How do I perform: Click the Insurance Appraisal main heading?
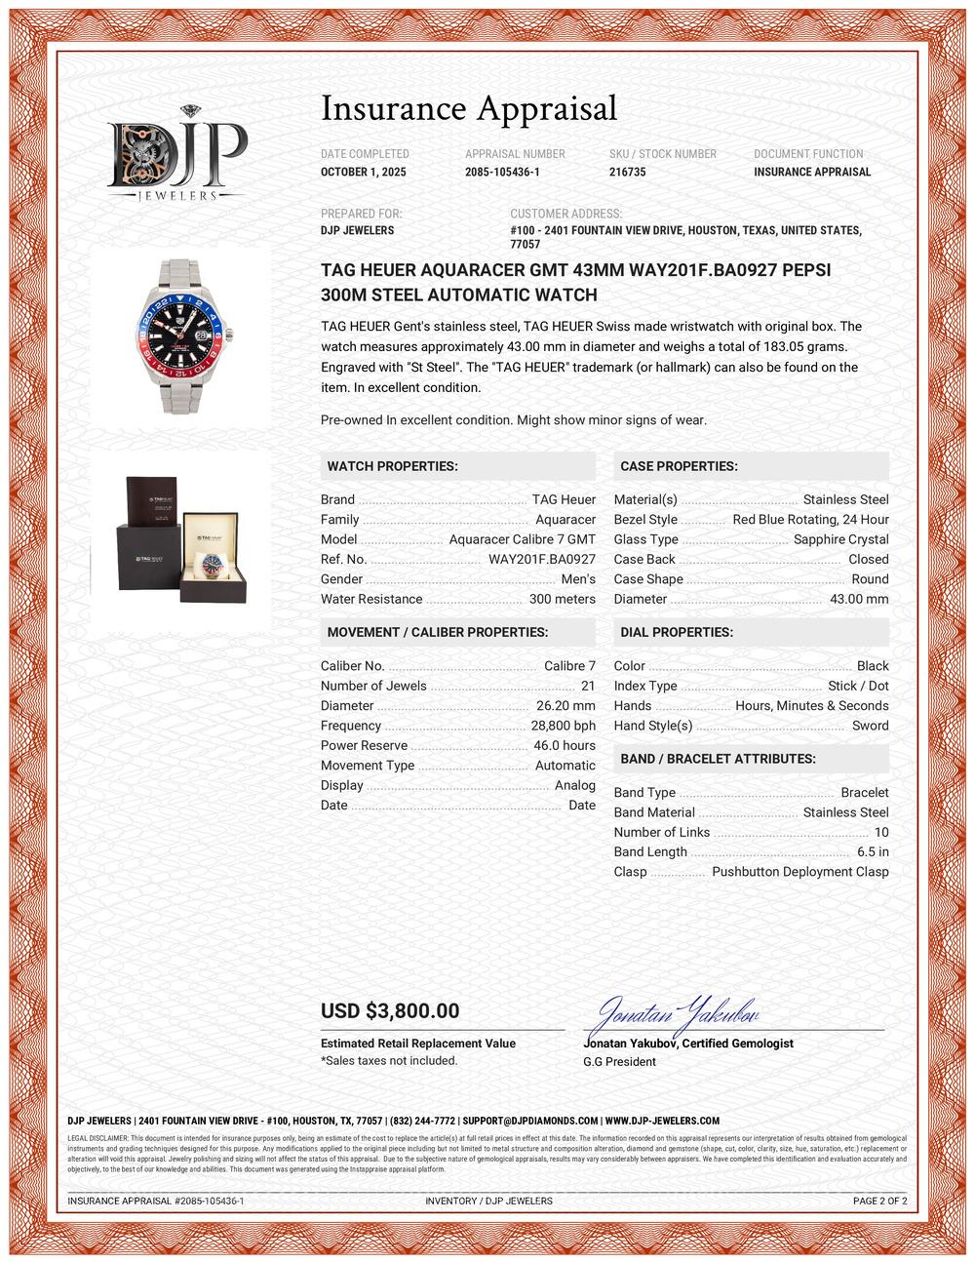pyautogui.click(x=469, y=108)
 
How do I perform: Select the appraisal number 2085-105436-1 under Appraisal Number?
pyautogui.click(x=502, y=172)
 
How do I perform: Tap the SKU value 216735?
pyautogui.click(x=627, y=172)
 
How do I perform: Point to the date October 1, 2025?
pyautogui.click(x=364, y=172)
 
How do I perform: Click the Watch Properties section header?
pyautogui.click(x=392, y=466)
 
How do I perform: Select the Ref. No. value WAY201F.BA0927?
pyautogui.click(x=541, y=560)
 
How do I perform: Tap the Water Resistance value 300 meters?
pyautogui.click(x=562, y=600)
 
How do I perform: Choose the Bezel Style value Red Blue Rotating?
pyautogui.click(x=810, y=520)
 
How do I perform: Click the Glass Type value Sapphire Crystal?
pyautogui.click(x=840, y=539)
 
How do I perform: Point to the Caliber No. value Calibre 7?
pyautogui.click(x=569, y=666)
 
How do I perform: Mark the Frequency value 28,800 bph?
pyautogui.click(x=563, y=726)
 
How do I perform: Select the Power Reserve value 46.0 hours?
pyautogui.click(x=565, y=746)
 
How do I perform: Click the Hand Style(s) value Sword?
pyautogui.click(x=870, y=726)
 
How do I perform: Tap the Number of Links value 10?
pyautogui.click(x=880, y=833)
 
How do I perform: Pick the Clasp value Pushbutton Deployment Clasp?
pyautogui.click(x=799, y=872)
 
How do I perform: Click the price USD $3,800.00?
pyautogui.click(x=390, y=1011)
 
